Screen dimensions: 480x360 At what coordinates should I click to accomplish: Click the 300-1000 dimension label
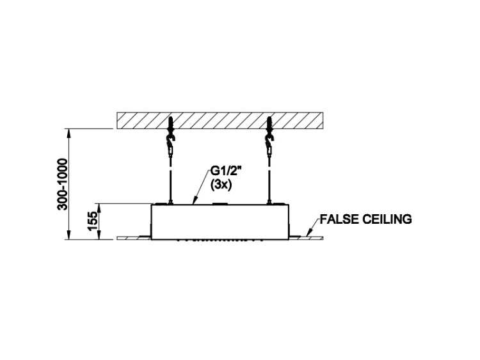(63, 184)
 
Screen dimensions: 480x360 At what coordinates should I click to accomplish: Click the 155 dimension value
(92, 221)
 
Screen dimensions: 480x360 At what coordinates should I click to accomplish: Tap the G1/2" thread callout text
(226, 171)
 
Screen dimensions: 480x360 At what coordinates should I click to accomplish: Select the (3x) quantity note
(220, 185)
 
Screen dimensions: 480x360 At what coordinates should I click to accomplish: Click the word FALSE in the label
(339, 219)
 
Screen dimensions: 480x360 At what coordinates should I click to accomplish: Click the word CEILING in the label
(387, 219)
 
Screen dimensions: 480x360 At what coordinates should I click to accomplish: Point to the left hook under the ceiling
(170, 141)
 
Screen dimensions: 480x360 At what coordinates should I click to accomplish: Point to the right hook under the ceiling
(269, 141)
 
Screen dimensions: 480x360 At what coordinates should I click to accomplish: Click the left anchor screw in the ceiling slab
(170, 125)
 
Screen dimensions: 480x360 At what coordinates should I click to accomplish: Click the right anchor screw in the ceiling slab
(269, 125)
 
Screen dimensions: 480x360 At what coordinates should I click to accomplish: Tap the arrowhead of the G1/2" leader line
(195, 201)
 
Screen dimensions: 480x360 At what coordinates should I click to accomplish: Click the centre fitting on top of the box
(220, 203)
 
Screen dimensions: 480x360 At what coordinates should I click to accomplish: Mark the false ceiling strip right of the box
(306, 238)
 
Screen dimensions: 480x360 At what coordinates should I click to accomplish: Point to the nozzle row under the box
(220, 240)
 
